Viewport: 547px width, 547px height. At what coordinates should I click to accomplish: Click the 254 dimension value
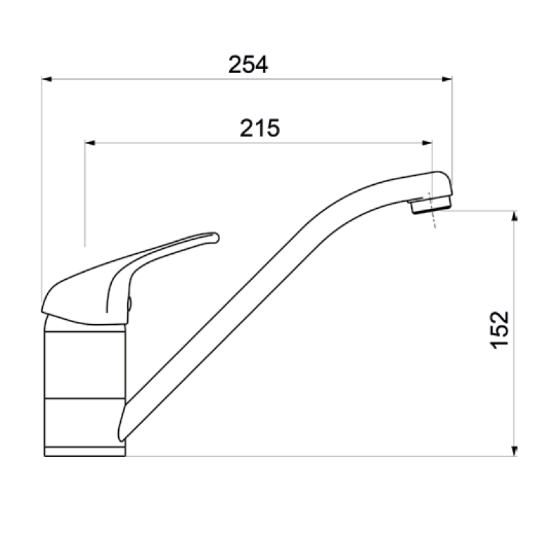pos(248,65)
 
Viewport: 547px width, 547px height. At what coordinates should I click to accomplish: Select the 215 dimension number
pos(260,128)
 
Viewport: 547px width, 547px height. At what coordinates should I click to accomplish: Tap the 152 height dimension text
pos(498,329)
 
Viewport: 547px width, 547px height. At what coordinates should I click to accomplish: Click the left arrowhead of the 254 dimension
pos(47,79)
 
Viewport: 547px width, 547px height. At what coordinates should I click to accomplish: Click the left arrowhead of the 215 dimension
pos(89,143)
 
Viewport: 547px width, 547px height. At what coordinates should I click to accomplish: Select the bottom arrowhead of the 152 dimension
pos(515,451)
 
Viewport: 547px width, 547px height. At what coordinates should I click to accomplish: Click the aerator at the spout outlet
pos(429,205)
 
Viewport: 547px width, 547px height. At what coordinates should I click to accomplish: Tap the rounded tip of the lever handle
pos(212,237)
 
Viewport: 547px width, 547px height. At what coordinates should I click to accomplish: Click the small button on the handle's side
pos(129,304)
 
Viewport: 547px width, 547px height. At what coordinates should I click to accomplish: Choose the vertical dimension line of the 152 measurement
pos(515,281)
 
